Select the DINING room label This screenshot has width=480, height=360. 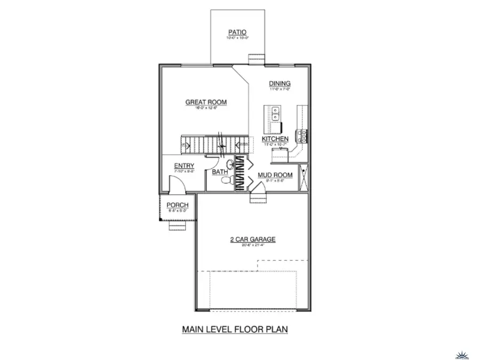pos(279,84)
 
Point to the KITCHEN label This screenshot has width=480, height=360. pos(275,139)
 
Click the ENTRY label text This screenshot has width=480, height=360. pos(184,166)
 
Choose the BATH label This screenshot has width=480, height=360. pos(220,172)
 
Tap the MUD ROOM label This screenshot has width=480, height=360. pos(275,175)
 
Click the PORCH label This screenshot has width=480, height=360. pos(177,205)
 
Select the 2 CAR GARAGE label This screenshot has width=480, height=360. pos(252,239)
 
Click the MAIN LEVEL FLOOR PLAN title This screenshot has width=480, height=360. pos(235,329)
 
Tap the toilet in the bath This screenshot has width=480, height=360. pos(226,182)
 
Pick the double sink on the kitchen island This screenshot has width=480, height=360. pos(276,114)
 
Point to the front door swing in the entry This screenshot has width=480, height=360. pos(177,186)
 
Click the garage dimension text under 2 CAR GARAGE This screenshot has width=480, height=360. pos(252,246)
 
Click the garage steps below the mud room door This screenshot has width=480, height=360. pos(259,198)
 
